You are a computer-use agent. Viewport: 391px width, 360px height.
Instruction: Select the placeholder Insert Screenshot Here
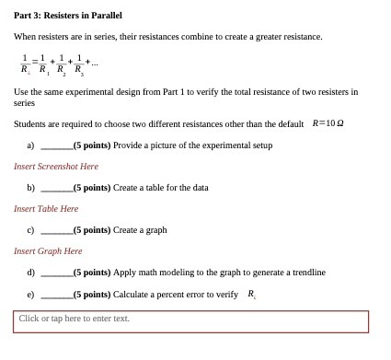pos(56,167)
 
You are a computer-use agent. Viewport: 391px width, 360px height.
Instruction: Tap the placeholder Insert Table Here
pos(46,209)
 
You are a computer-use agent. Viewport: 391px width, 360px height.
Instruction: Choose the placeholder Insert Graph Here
pos(48,251)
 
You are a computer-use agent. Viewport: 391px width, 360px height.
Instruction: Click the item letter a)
pos(30,145)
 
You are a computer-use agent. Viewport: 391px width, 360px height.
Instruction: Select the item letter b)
pos(31,188)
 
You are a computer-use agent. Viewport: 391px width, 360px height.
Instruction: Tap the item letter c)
pos(30,230)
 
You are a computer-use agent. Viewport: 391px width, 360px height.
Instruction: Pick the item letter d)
pos(31,273)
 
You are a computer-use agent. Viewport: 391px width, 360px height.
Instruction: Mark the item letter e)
pos(31,295)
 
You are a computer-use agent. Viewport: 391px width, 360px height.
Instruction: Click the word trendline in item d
pos(308,273)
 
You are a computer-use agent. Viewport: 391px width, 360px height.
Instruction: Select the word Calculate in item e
pos(131,295)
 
